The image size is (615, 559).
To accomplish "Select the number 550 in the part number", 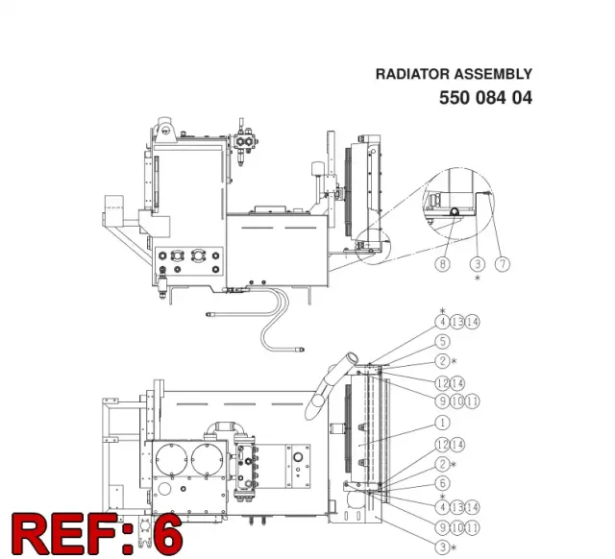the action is (455, 98).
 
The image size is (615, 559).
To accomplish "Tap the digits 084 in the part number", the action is (491, 98).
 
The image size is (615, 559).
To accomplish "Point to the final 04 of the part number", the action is (522, 98).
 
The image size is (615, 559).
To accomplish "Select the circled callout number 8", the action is (443, 264).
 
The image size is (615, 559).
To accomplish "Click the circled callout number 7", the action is (503, 264).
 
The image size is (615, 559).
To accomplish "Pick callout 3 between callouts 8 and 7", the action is (478, 264).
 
